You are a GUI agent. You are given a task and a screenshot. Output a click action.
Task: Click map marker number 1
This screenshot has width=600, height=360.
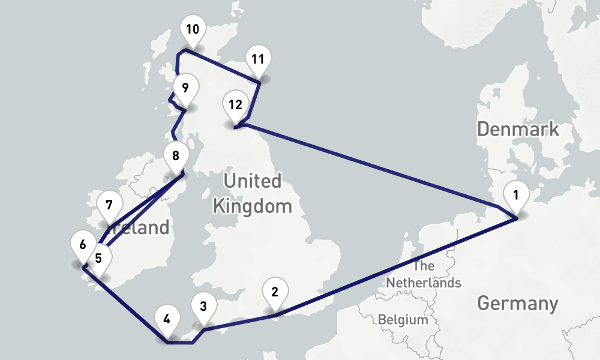pyautogui.click(x=515, y=196)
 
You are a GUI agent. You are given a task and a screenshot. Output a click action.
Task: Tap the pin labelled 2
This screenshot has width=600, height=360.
pyautogui.click(x=275, y=293)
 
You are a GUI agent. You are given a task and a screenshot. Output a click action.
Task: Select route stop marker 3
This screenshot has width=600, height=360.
pyautogui.click(x=203, y=307)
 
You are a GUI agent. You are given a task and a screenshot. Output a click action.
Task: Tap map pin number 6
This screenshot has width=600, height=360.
pyautogui.click(x=83, y=245)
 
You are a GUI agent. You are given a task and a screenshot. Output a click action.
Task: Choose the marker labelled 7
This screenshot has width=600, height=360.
pyautogui.click(x=109, y=205)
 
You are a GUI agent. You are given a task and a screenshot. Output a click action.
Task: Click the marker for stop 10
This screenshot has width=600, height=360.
pyautogui.click(x=192, y=30)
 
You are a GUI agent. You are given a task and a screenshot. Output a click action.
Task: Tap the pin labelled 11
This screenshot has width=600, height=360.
pyautogui.click(x=258, y=59)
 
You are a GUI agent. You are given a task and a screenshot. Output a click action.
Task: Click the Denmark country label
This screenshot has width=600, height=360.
pyautogui.click(x=518, y=129)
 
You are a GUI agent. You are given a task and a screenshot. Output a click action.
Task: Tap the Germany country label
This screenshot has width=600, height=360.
pyautogui.click(x=517, y=304)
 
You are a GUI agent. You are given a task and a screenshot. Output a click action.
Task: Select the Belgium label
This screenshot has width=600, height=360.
pyautogui.click(x=403, y=320)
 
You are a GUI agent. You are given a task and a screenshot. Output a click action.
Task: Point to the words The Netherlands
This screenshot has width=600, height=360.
pyautogui.click(x=424, y=274)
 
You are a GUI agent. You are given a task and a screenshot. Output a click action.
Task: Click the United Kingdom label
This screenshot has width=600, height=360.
pyautogui.click(x=252, y=194)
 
